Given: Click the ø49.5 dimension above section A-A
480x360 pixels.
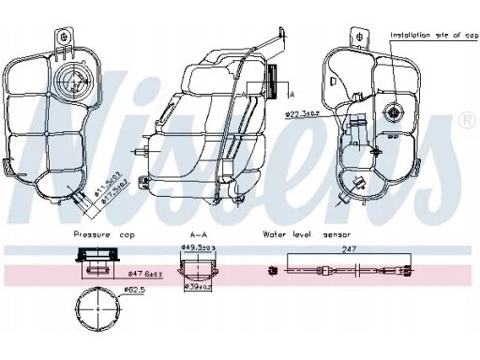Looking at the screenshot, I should pos(200,247).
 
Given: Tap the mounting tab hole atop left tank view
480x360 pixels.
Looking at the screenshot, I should pos(64,37).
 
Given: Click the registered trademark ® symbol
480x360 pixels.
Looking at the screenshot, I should pos(466,120).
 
